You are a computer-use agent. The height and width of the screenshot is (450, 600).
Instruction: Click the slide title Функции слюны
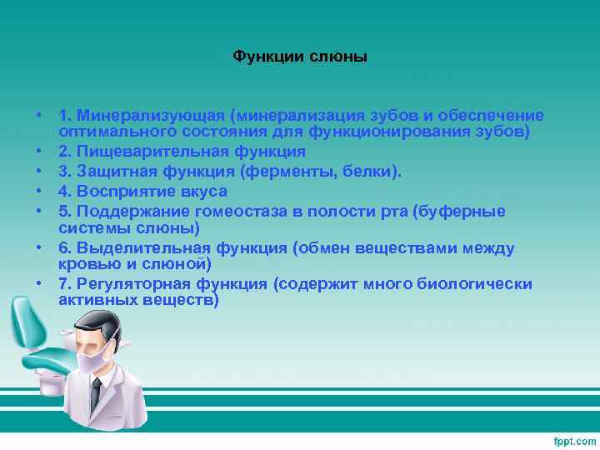coord(300,57)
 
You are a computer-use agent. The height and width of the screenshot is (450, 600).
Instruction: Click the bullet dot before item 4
coord(39,192)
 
